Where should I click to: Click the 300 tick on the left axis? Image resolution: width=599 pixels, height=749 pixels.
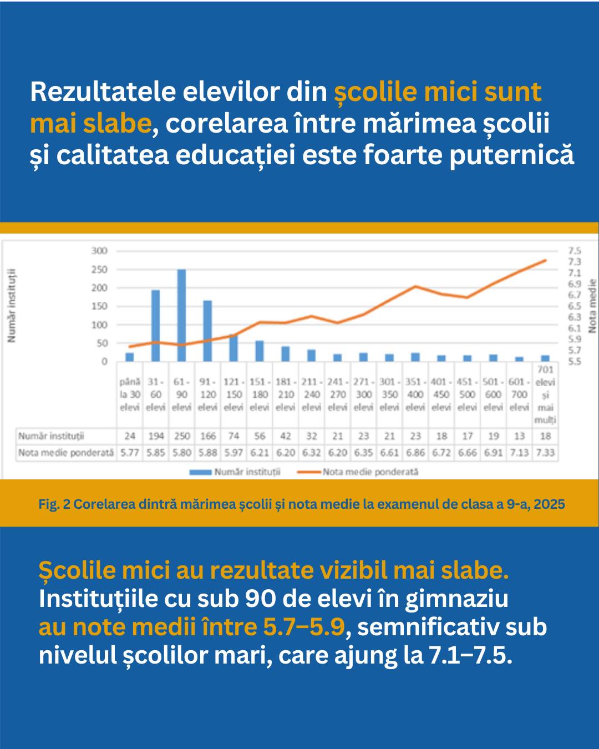tap(99, 251)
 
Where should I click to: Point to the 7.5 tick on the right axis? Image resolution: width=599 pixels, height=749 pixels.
tap(575, 251)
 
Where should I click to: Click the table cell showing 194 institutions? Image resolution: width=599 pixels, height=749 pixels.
tap(156, 436)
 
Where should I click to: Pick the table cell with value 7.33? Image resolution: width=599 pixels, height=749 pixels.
tap(545, 453)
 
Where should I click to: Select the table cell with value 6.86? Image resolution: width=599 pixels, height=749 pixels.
tap(415, 453)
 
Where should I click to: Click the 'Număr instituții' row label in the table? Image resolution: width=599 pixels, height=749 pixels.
tap(51, 436)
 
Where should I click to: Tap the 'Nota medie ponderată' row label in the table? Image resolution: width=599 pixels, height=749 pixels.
tap(65, 453)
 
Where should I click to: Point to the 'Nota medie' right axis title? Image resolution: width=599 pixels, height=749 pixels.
tap(592, 306)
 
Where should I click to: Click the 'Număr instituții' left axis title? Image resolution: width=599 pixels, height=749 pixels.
tap(12, 306)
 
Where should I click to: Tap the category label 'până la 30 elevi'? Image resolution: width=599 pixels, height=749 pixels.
tap(130, 394)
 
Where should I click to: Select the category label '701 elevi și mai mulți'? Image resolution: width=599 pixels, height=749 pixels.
tap(545, 394)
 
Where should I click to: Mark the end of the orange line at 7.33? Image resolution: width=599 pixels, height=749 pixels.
tap(546, 260)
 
